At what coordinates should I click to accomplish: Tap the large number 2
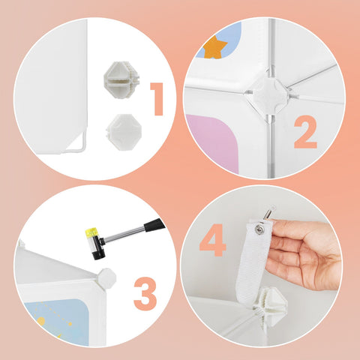[x=305, y=132]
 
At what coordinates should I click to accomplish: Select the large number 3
[x=145, y=294]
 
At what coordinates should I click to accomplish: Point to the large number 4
[x=213, y=240]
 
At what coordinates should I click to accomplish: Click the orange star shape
[x=214, y=48]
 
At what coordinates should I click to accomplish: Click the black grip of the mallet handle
[x=154, y=225]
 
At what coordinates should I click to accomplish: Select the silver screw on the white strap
[x=258, y=228]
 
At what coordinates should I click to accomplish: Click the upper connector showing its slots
[x=121, y=80]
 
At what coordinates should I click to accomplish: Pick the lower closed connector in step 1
[x=124, y=132]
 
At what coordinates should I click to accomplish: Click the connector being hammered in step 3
[x=107, y=278]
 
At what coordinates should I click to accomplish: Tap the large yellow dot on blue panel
[x=41, y=321]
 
